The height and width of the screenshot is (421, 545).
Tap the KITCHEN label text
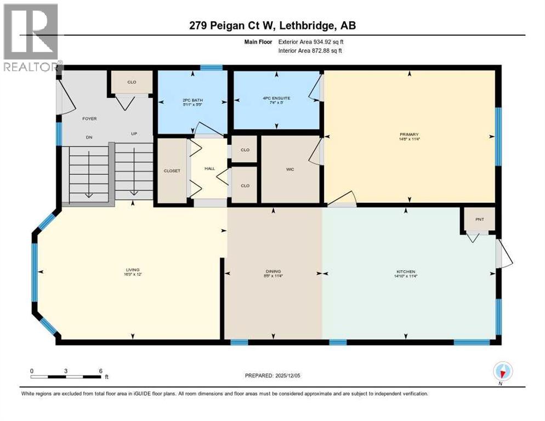(406, 272)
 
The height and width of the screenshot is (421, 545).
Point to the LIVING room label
(132, 270)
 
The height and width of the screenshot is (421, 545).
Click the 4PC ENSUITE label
(276, 99)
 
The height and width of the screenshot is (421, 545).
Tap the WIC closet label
(290, 169)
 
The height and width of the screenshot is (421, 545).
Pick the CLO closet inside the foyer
(132, 82)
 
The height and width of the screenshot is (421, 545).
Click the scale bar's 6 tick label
(100, 371)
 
